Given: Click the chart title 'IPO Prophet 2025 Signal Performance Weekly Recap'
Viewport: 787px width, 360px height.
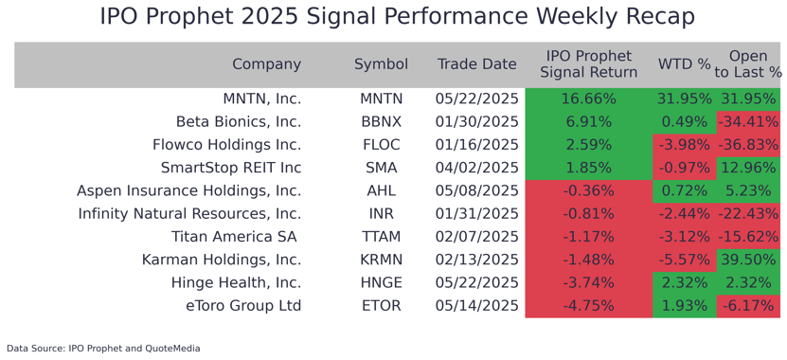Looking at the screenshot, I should point(397,17).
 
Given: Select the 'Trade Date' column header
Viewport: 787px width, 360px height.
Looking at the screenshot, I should point(477,64).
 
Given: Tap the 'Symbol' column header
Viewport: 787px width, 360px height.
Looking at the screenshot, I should point(381,64).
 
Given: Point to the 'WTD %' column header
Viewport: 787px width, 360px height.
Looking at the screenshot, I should point(684,64).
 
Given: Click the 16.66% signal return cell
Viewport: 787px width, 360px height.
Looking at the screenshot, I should point(588,99).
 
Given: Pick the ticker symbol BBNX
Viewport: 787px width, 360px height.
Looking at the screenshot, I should point(381,122).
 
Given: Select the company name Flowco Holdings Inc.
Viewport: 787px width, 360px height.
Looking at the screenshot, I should point(226,145).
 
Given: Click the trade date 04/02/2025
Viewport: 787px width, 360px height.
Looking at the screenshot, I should point(477,168).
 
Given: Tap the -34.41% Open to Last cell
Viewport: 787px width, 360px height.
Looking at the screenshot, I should point(748,122).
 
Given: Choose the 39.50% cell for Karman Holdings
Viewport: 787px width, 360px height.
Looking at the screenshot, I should point(748,260).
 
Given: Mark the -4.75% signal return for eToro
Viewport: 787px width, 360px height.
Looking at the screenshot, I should point(588,306).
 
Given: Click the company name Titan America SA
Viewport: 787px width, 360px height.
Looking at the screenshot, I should point(234,237).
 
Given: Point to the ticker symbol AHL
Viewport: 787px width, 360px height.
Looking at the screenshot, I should point(381,190).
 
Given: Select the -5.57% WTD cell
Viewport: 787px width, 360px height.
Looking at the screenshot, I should point(684,260).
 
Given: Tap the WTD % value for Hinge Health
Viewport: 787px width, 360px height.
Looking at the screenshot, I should point(684,282).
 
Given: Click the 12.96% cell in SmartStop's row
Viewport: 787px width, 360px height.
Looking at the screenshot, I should point(748,168).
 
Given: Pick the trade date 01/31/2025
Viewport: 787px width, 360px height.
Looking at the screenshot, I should point(477,214).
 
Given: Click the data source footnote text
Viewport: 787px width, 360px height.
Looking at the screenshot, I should point(103,349).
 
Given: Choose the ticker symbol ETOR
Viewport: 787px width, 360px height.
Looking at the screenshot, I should point(381,306).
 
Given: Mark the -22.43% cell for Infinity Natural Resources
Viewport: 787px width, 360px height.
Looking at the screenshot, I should point(748,214).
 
